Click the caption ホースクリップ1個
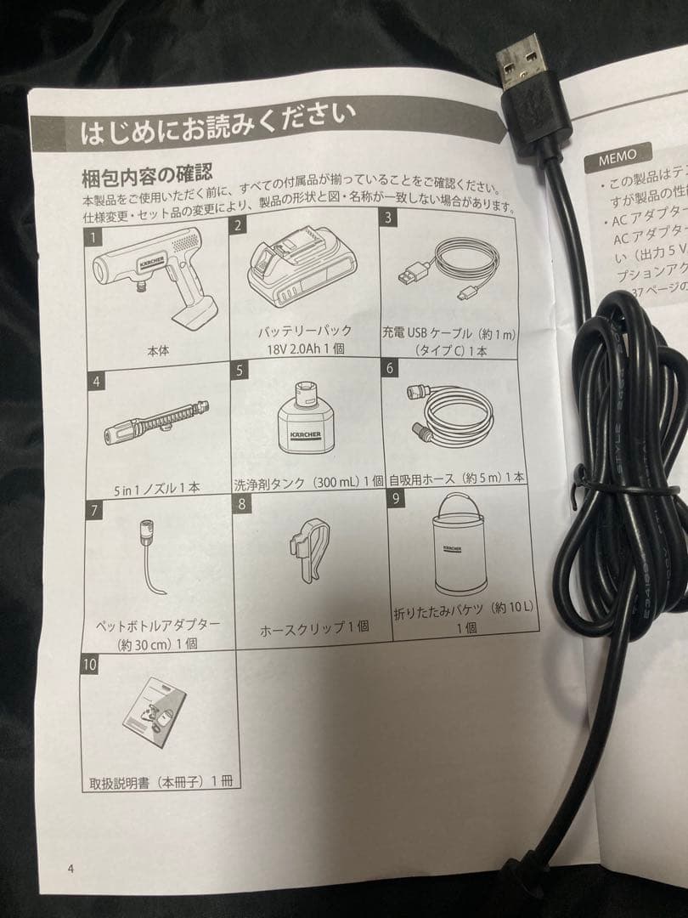click(x=314, y=628)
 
